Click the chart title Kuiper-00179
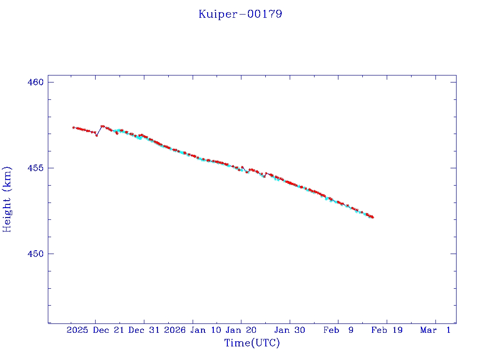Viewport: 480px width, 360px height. (x=240, y=14)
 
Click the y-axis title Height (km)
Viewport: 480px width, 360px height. (x=7, y=199)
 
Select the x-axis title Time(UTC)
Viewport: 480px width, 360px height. (x=252, y=343)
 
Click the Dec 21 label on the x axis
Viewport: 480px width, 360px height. (x=108, y=330)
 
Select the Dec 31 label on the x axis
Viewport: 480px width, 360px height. (x=143, y=330)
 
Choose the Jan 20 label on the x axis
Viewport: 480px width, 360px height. (x=241, y=330)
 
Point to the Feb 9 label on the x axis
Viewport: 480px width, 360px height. (x=338, y=330)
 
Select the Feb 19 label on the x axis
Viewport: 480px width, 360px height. (x=387, y=330)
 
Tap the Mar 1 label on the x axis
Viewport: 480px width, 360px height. (x=435, y=330)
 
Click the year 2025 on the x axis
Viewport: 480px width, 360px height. (x=77, y=330)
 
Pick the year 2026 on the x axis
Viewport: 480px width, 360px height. (x=175, y=330)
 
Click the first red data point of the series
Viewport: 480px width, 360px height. (x=74, y=127)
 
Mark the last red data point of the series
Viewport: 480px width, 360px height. (x=373, y=217)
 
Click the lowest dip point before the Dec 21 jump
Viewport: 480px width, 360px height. (x=97, y=135)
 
